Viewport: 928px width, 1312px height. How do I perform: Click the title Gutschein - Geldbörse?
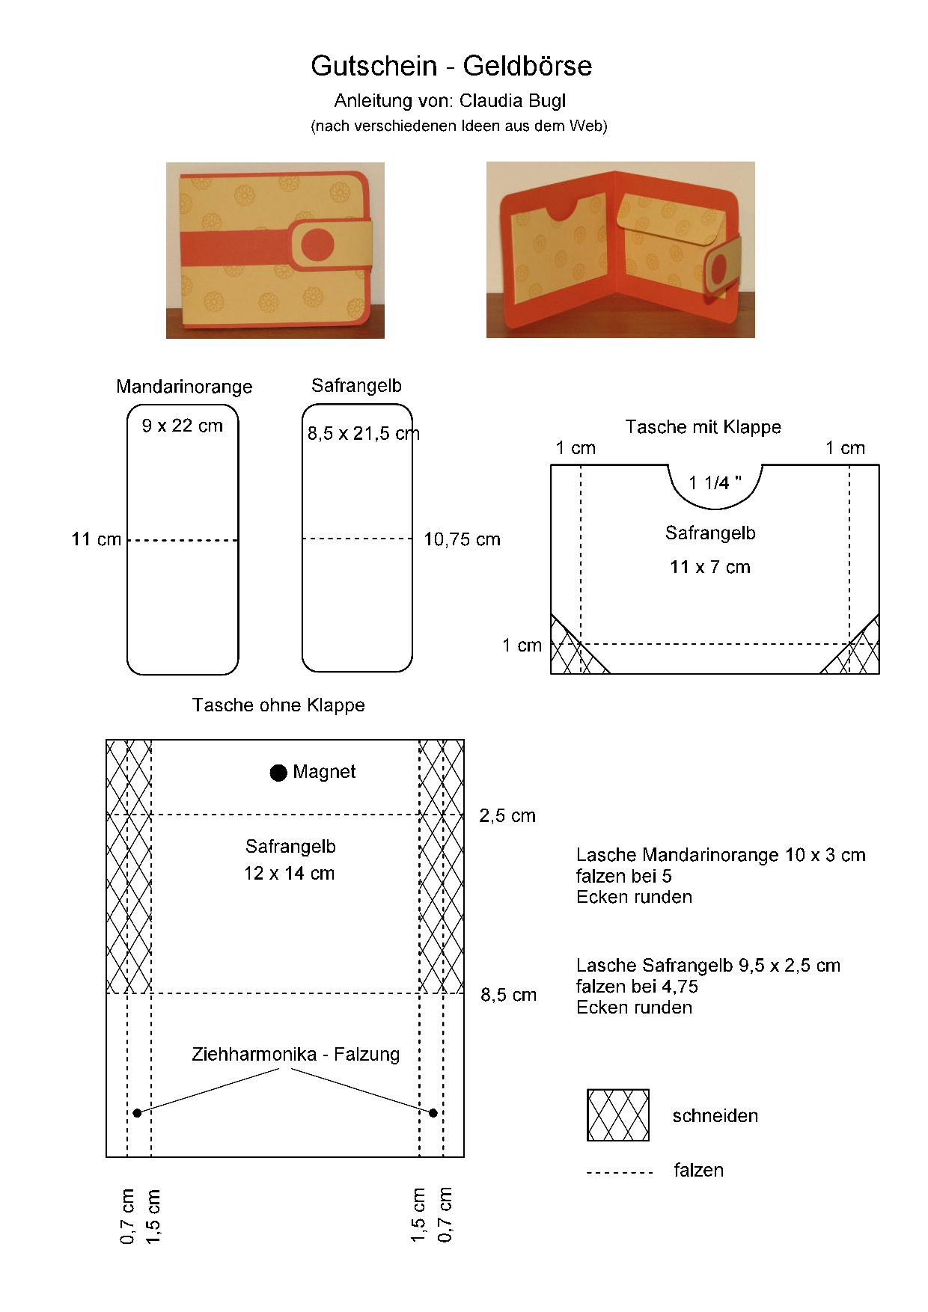tap(451, 67)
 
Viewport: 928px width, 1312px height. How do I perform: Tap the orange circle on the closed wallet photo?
tap(317, 244)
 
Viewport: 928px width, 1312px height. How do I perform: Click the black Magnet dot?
tap(278, 773)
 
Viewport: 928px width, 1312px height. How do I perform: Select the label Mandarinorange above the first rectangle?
tap(184, 387)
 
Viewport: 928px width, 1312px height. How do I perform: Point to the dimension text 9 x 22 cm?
tap(183, 426)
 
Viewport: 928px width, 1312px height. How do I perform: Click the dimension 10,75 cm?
tap(462, 539)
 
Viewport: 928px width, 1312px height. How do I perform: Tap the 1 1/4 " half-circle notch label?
tap(715, 483)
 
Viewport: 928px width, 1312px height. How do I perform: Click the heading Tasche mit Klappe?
tap(703, 427)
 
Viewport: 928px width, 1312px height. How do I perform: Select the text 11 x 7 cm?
tap(710, 567)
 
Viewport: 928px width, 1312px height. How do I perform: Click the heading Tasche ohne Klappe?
tap(278, 705)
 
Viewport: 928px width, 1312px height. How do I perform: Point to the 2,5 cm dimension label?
tap(507, 816)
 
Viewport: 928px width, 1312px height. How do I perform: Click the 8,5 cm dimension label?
tap(509, 995)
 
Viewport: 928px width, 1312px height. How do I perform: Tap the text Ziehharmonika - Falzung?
tap(296, 1055)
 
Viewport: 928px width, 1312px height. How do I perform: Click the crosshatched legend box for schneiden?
tap(618, 1115)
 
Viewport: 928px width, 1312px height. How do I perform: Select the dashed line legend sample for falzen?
tap(620, 1172)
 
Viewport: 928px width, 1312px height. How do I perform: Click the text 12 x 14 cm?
tap(289, 874)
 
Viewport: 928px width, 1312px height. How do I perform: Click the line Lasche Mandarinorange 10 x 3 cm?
tap(721, 855)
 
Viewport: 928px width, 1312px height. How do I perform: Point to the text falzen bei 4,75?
tap(637, 987)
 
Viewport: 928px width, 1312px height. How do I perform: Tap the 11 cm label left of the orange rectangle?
tap(96, 539)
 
